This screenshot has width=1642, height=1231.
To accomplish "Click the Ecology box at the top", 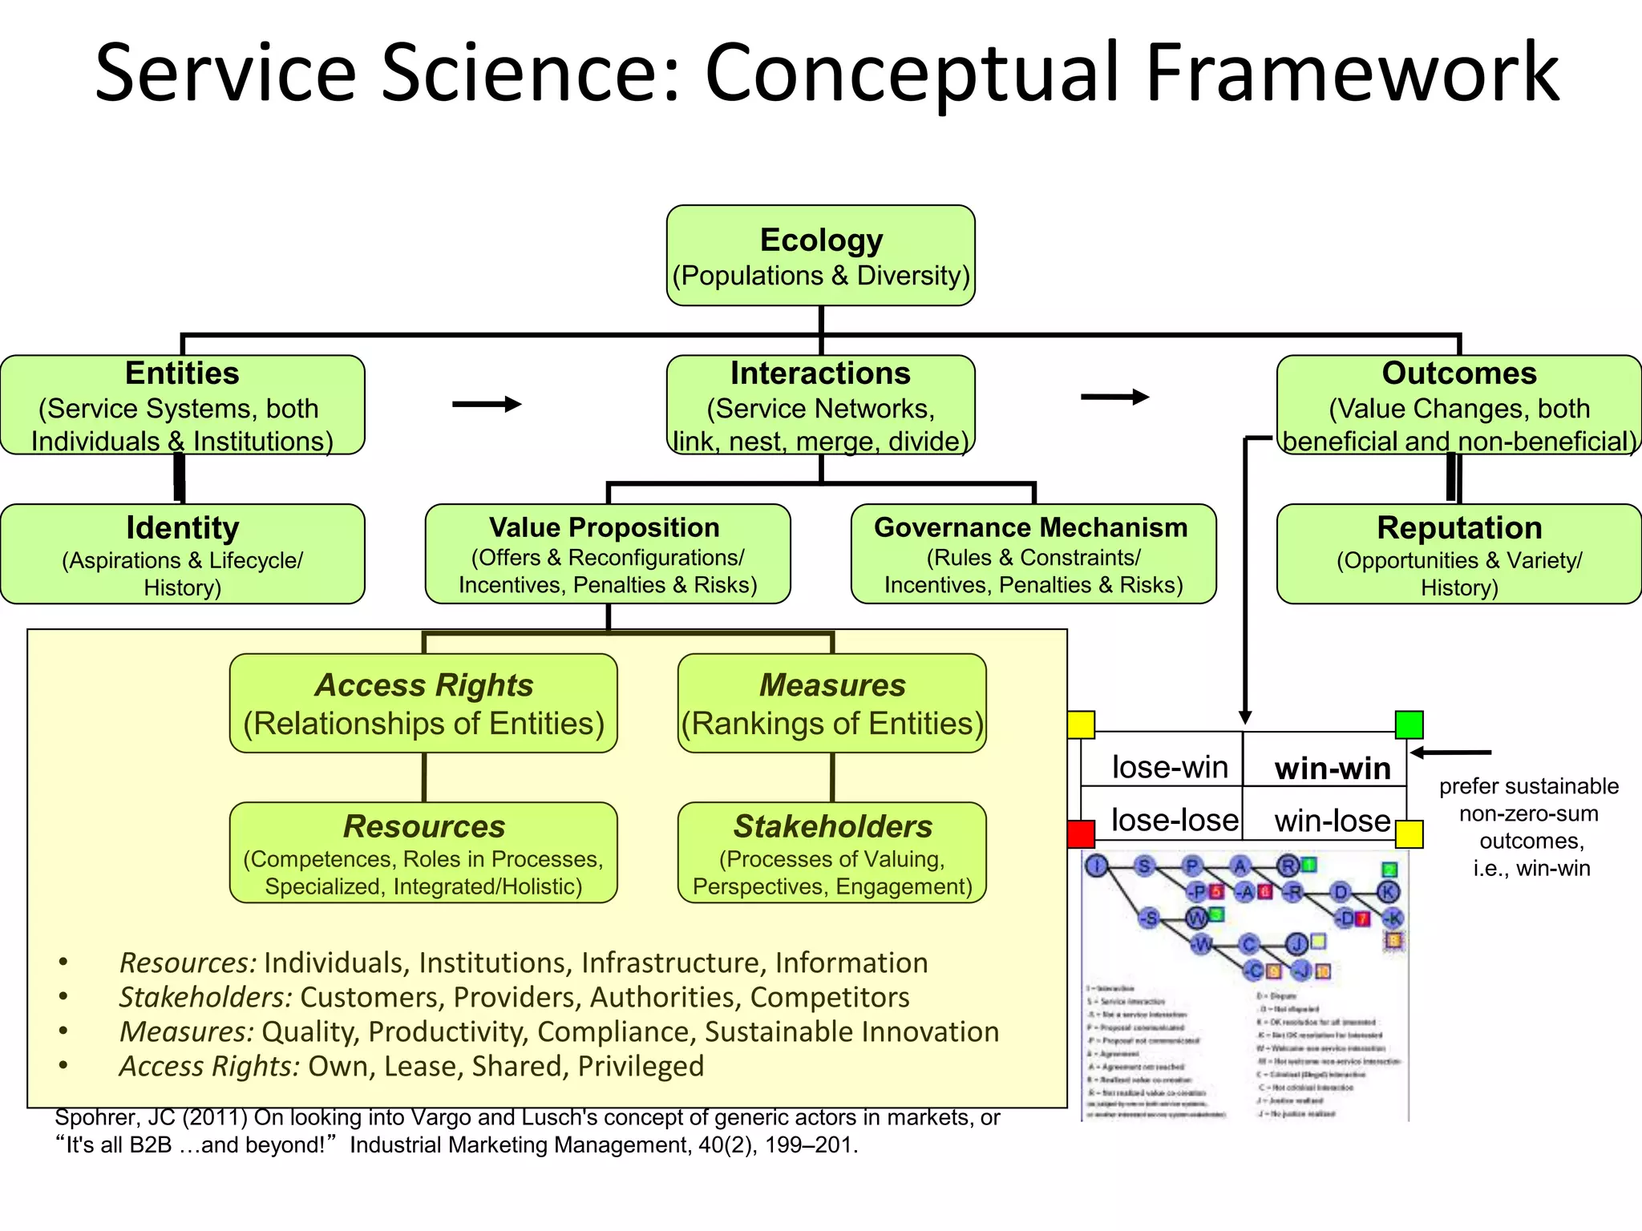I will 820,256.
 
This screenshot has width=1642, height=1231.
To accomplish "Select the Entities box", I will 182,406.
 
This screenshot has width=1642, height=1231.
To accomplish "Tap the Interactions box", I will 820,406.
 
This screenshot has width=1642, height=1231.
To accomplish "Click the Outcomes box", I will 1458,406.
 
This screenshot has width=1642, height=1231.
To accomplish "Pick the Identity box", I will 182,555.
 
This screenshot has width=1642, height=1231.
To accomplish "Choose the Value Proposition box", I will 607,555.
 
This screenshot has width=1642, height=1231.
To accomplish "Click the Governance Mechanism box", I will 1033,555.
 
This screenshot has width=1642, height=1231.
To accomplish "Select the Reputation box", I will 1458,555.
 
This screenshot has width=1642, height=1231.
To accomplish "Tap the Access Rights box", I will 423,704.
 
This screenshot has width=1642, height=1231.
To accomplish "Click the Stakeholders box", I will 831,853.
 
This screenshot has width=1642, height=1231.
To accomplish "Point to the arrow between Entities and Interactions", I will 487,404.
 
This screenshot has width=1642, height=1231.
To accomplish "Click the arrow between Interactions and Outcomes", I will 1114,397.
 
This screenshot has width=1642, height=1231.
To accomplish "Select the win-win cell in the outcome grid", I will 1332,768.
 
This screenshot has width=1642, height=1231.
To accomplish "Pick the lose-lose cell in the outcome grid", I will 1174,820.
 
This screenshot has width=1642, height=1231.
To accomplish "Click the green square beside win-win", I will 1409,724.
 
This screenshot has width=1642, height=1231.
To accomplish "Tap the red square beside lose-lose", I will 1081,833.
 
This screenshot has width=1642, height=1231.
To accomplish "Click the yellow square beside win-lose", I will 1409,833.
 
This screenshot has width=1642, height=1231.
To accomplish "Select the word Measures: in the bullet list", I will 186,1031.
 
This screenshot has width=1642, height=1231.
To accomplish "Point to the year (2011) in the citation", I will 214,1117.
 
